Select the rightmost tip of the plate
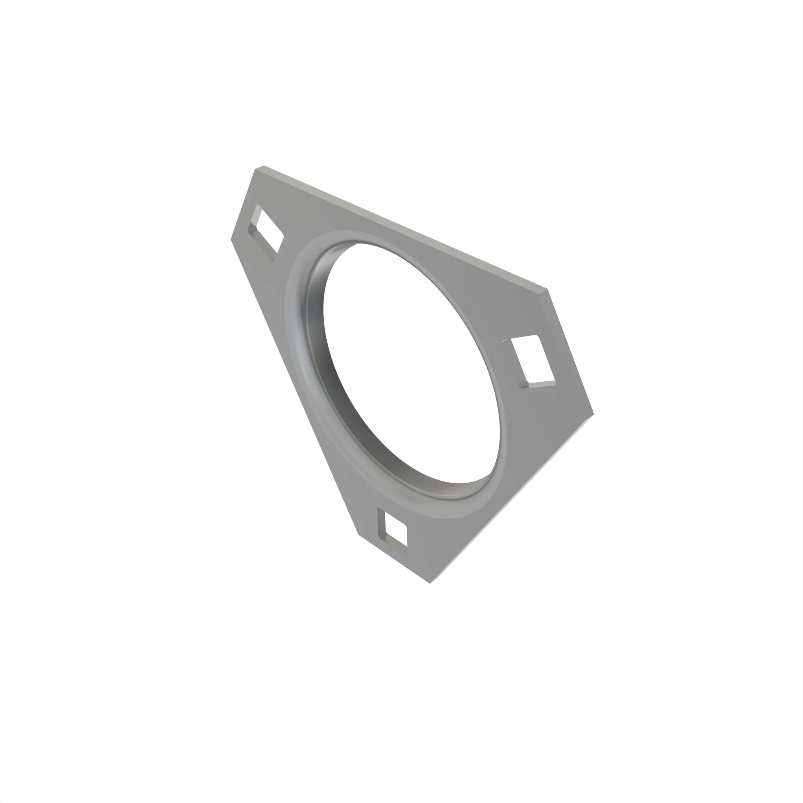(593, 414)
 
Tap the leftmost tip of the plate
(231, 239)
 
